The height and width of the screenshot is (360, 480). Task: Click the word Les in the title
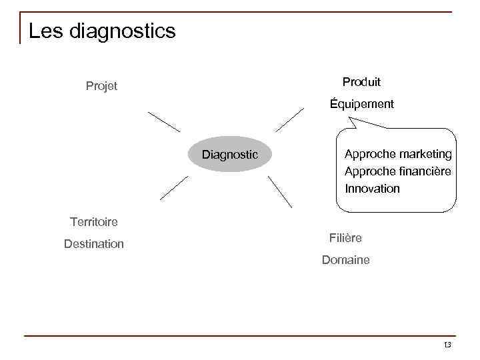point(47,31)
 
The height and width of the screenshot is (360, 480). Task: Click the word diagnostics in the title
point(123,31)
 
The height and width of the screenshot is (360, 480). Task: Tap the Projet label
point(101,86)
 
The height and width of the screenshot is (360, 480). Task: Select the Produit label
point(361,82)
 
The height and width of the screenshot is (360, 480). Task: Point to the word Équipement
point(362,104)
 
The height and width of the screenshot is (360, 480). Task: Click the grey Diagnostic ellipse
point(230,155)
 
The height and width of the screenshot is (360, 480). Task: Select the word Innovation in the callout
point(372,189)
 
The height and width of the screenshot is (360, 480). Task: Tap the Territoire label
point(93,221)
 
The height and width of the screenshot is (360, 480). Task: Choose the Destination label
point(94,244)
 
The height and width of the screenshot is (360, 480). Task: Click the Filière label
point(345,238)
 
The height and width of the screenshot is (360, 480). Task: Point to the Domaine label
point(345,260)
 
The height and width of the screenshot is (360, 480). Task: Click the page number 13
point(447,345)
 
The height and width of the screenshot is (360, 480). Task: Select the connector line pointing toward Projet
point(164,122)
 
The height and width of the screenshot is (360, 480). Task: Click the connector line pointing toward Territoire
point(174,188)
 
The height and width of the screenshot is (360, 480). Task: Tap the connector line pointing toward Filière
point(280,192)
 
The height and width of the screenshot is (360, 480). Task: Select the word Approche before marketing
point(367,154)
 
